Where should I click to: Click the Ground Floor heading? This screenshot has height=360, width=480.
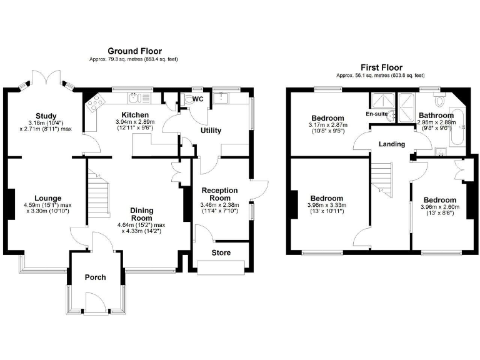tap(134, 51)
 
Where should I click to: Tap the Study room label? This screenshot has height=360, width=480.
tap(46, 116)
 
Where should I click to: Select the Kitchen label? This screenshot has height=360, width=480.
tap(135, 115)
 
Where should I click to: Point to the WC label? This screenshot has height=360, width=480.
tap(197, 99)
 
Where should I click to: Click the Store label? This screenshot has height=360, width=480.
tap(221, 252)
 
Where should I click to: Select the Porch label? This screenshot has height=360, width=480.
tap(94, 277)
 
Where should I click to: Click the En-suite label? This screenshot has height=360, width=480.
tap(377, 114)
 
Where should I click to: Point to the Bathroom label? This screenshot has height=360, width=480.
tap(436, 116)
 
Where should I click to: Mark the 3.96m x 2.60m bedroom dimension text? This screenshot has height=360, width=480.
tap(440, 207)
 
